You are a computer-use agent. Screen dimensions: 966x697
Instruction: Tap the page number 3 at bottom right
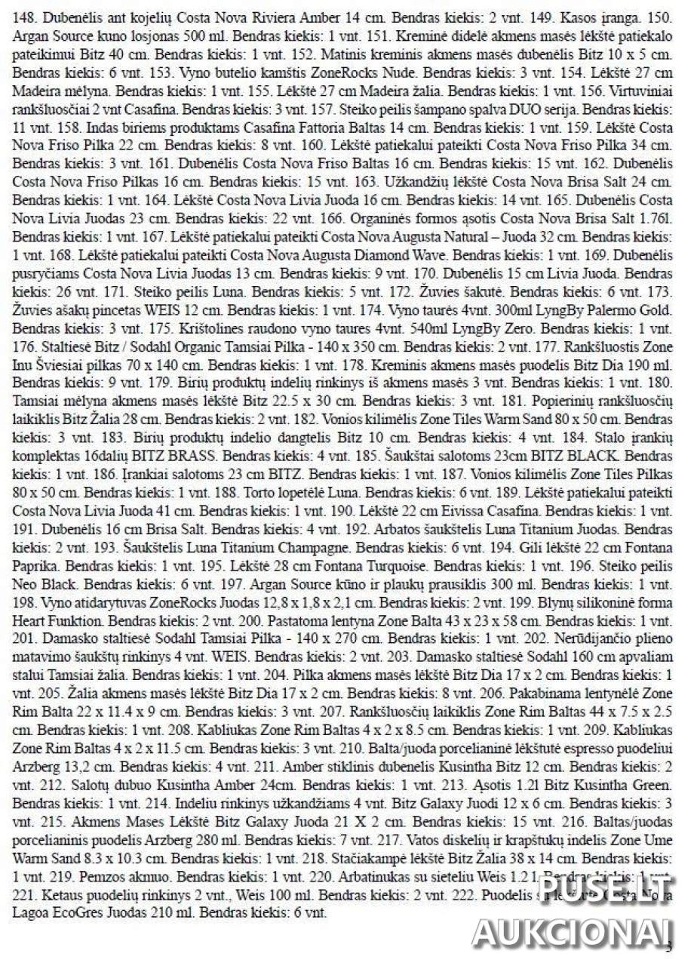668,947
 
